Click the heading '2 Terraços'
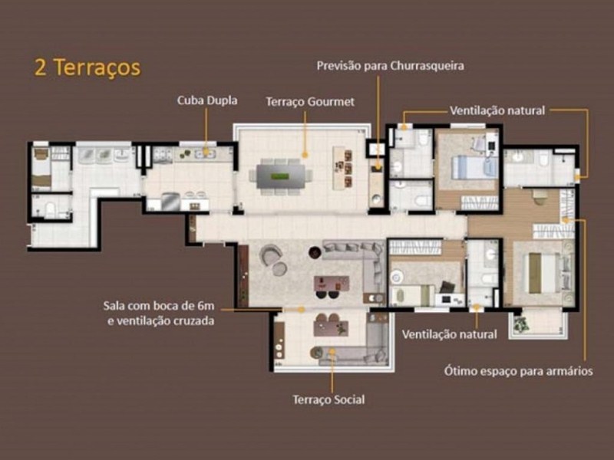click(87, 67)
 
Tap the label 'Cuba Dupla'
click(207, 100)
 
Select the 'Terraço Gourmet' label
click(310, 102)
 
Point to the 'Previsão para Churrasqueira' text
click(391, 66)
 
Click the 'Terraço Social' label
click(329, 399)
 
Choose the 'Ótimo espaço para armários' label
click(519, 371)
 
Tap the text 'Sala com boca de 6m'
click(159, 305)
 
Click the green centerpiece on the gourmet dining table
click(280, 176)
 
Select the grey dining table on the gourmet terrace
click(281, 177)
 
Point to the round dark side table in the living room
click(315, 253)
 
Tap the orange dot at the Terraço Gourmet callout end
click(305, 155)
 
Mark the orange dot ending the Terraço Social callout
click(332, 352)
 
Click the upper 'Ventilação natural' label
click(497, 110)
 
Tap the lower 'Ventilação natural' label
click(450, 334)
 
